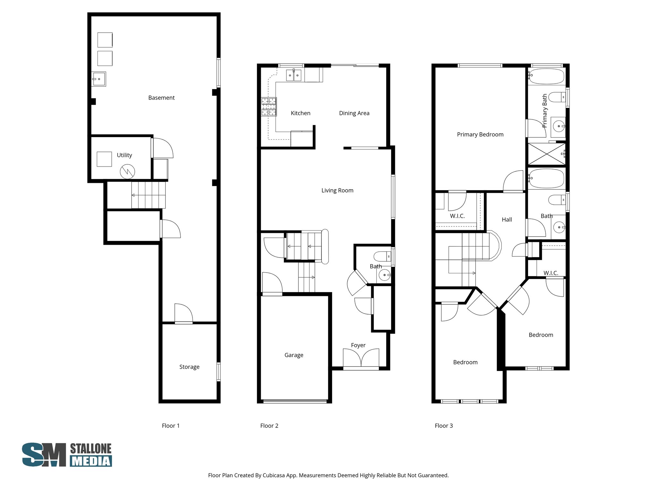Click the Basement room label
coord(161,98)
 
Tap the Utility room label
coord(124,155)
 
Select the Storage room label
coord(189,367)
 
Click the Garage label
coord(294,355)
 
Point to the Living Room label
coord(337,190)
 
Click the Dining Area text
coord(354,113)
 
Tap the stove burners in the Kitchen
coord(269,107)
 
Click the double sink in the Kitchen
coord(294,76)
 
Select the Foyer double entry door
coord(361,358)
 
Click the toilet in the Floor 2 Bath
coord(382,256)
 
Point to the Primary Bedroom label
coord(480,135)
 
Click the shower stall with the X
coord(546,154)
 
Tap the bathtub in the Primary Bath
coord(546,76)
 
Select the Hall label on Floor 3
coord(507,219)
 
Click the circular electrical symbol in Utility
coord(127,172)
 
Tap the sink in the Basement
coord(98,79)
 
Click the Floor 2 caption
coord(269,426)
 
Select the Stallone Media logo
coord(67,455)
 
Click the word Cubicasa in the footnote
coord(274,475)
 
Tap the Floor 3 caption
coord(444,426)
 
